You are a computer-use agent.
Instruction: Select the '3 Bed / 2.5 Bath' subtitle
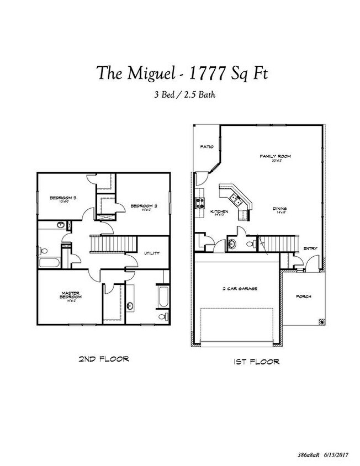click(x=184, y=94)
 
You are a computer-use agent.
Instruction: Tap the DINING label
click(x=280, y=209)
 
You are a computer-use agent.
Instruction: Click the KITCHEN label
click(x=220, y=211)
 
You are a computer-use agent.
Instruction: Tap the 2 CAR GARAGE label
click(x=240, y=289)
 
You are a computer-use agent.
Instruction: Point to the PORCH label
click(x=303, y=296)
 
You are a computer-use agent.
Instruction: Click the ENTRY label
click(x=310, y=248)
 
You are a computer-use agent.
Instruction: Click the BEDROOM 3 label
click(x=62, y=198)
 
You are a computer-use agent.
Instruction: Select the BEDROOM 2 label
click(x=144, y=206)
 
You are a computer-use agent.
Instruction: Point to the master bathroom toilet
click(x=162, y=316)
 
